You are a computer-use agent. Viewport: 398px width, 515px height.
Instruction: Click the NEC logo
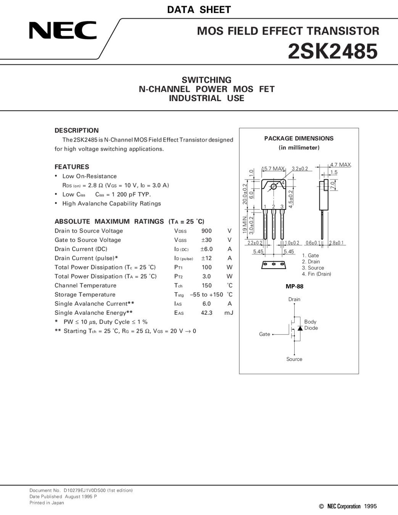point(63,31)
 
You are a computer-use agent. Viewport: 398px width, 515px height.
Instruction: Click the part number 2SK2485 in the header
point(332,51)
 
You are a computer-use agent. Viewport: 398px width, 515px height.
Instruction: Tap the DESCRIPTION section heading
point(76,130)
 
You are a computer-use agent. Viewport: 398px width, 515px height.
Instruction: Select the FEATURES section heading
point(72,167)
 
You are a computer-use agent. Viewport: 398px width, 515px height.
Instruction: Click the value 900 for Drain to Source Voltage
point(206,231)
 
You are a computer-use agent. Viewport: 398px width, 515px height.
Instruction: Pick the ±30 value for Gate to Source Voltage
point(206,240)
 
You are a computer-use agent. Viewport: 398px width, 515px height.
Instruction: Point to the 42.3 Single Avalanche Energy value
point(206,313)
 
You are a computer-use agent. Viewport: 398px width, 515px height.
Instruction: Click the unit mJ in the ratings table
point(229,313)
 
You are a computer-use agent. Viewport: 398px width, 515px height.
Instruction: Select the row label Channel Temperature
point(85,285)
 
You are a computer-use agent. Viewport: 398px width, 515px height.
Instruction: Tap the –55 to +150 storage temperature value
point(206,295)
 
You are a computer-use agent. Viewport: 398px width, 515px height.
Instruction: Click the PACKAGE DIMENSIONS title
point(299,138)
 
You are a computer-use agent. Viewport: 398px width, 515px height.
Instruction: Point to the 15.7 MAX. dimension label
point(273,169)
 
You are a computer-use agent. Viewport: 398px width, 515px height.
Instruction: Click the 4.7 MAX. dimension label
point(340,165)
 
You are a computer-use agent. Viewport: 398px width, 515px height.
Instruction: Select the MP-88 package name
point(295,286)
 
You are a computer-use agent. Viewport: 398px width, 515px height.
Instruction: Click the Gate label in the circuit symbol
point(264,334)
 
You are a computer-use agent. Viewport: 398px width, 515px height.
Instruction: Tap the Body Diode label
point(311,325)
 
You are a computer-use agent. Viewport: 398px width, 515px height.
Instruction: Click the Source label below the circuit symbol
point(294,359)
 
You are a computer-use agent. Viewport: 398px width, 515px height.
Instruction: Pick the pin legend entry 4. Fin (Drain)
point(316,274)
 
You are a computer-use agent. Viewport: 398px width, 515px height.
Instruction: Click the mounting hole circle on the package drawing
point(274,187)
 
